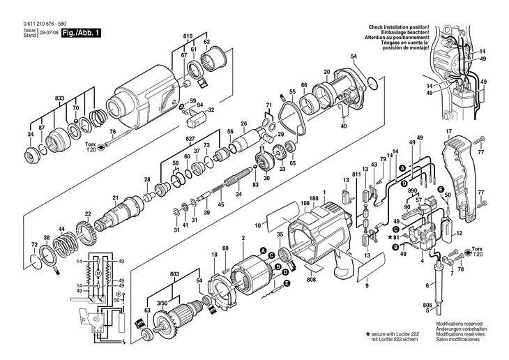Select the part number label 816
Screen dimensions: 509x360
tap(188, 36)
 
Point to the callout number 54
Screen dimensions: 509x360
tap(354, 57)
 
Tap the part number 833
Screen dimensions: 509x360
tap(59, 98)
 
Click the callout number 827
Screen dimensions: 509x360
tap(190, 138)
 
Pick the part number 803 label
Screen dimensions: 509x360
tap(174, 274)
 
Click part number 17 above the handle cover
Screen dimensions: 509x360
tap(448, 132)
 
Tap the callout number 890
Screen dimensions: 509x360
tap(412, 192)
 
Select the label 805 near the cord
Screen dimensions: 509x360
tap(427, 305)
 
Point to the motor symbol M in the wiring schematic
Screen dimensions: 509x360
tap(98, 273)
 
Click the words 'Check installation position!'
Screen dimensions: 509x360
tap(399, 27)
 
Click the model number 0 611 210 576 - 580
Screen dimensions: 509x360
tap(45, 24)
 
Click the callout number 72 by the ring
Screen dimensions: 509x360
tap(34, 243)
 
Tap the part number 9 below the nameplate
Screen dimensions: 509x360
tap(367, 286)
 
